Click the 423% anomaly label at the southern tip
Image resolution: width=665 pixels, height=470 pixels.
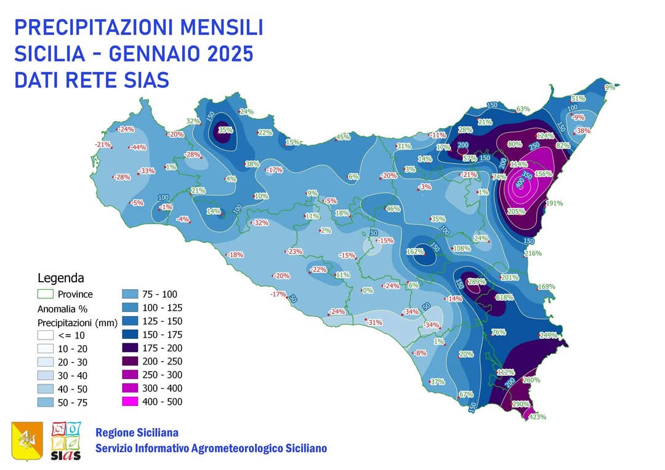pyautogui.click(x=538, y=416)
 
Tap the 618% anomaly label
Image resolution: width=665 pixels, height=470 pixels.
pyautogui.click(x=504, y=297)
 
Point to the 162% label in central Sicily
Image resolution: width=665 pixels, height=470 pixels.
pyautogui.click(x=416, y=252)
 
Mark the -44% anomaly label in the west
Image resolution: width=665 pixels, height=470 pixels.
pyautogui.click(x=137, y=147)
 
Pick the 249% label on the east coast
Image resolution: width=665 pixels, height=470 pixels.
pyautogui.click(x=548, y=335)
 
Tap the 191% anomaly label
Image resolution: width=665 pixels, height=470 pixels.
pyautogui.click(x=555, y=203)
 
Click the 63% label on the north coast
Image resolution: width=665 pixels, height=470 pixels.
pyautogui.click(x=523, y=109)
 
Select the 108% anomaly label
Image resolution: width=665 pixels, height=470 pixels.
pyautogui.click(x=461, y=249)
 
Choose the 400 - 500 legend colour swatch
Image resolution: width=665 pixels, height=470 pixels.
pyautogui.click(x=134, y=402)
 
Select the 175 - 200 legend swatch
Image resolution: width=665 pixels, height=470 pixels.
pyautogui.click(x=134, y=348)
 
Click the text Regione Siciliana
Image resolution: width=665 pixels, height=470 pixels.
pyautogui.click(x=137, y=432)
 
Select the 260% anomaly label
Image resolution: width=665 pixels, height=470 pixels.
pyautogui.click(x=531, y=380)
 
